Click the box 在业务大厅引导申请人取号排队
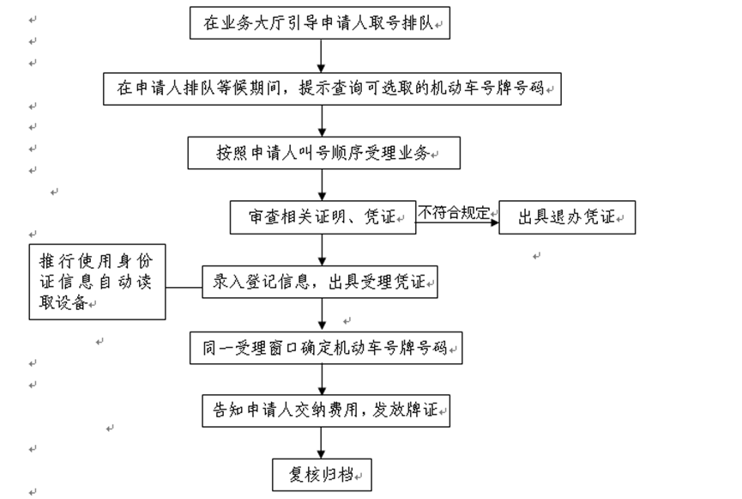pyautogui.click(x=319, y=23)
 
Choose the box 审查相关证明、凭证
pyautogui.click(x=323, y=217)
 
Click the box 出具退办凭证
pyautogui.click(x=567, y=217)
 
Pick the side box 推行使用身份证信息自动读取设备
pyautogui.click(x=96, y=282)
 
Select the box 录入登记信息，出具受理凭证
pyautogui.click(x=320, y=282)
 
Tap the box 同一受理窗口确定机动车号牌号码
pyautogui.click(x=325, y=348)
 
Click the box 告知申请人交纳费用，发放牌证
pyautogui.click(x=325, y=411)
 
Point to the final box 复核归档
pyautogui.click(x=322, y=473)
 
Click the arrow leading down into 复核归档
pyautogui.click(x=322, y=442)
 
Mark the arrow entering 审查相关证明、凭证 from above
pyautogui.click(x=322, y=186)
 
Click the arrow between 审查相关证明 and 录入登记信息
pyautogui.click(x=322, y=249)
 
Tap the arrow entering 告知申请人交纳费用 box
pyautogui.click(x=322, y=380)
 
